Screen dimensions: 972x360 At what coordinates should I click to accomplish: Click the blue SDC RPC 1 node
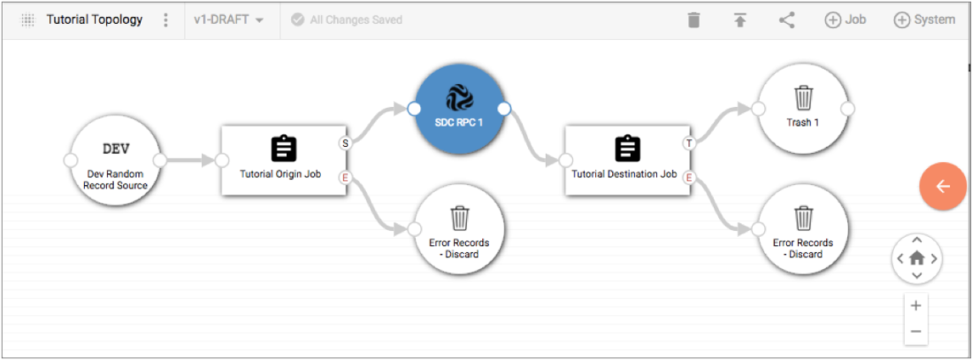(458, 109)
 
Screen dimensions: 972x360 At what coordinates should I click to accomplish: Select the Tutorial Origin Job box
(284, 160)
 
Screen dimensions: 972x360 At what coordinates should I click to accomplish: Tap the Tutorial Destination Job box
(627, 160)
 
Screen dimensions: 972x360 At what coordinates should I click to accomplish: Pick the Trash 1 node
(803, 109)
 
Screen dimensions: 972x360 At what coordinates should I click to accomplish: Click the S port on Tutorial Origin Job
(346, 143)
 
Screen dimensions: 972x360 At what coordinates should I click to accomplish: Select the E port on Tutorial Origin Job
(346, 177)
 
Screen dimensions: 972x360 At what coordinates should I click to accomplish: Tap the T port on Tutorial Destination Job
(688, 143)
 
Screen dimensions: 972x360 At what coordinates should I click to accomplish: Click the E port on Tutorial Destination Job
(688, 177)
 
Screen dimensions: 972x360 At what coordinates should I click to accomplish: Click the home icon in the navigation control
(916, 258)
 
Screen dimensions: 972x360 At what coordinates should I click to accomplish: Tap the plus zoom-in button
(916, 306)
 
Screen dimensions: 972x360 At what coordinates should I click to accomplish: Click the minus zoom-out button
(916, 331)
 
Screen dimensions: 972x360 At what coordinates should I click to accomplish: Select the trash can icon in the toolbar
(694, 20)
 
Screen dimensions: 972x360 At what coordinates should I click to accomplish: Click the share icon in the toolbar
(787, 20)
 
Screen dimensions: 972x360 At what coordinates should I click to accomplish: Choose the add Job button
(845, 20)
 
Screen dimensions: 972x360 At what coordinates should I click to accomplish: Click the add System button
(924, 20)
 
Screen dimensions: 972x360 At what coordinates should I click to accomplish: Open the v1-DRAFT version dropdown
(228, 20)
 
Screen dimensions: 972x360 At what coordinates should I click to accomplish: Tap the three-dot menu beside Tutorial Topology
(165, 20)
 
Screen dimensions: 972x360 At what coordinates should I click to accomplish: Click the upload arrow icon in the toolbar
(739, 20)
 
